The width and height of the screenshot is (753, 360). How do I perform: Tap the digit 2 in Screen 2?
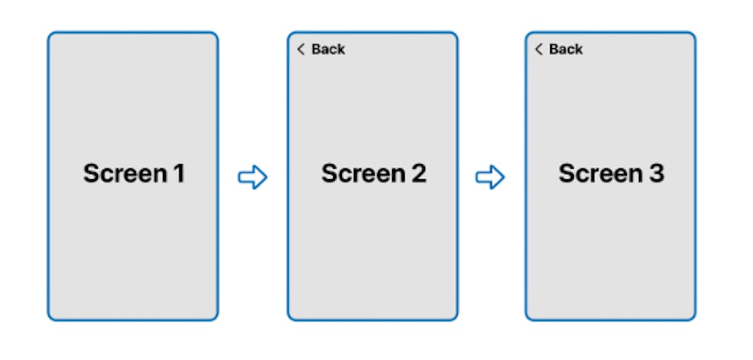[419, 174]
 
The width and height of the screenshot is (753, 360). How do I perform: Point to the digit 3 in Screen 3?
[656, 174]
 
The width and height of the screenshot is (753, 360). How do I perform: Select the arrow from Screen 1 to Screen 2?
[252, 177]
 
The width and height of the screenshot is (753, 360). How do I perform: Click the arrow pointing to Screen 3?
[490, 177]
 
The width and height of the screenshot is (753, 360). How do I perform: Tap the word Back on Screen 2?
[328, 49]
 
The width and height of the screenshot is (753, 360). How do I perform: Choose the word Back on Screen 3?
[566, 49]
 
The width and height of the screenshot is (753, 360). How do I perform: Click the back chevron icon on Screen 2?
[301, 49]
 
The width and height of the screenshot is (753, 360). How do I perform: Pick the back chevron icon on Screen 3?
[538, 49]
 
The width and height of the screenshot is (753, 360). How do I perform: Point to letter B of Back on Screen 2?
[316, 49]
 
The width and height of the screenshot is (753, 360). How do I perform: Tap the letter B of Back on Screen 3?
[554, 49]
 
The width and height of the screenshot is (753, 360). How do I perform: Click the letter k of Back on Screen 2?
[341, 49]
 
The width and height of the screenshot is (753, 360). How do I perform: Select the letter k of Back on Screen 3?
[579, 49]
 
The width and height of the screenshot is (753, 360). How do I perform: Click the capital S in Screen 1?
[92, 174]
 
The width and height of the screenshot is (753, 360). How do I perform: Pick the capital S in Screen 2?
[330, 174]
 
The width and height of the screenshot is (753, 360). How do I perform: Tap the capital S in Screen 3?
[567, 174]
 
